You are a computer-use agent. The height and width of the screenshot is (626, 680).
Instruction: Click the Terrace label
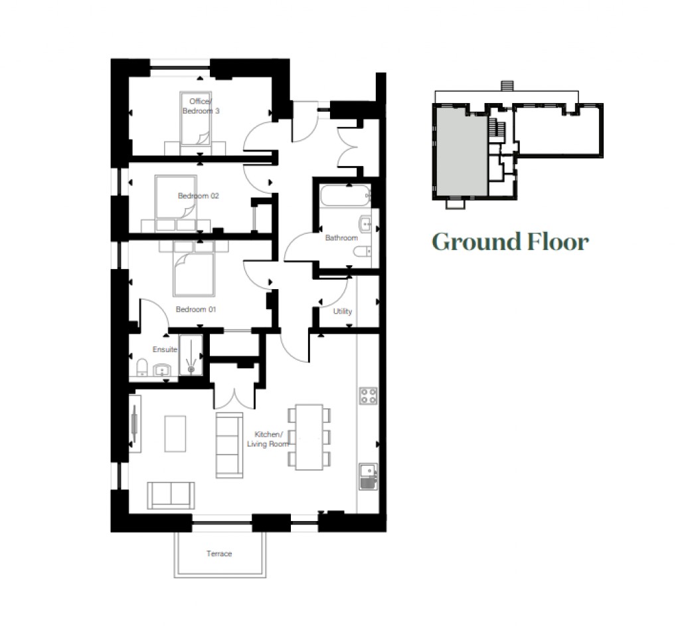pos(218,554)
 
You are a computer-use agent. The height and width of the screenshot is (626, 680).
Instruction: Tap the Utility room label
pos(343,311)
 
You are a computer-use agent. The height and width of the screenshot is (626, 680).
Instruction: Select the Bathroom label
pos(341,238)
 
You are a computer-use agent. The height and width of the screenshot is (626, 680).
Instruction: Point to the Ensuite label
pos(165,350)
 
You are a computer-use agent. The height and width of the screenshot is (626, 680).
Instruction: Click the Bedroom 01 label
pos(196,310)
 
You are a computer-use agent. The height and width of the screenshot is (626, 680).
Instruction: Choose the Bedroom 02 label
pos(198,196)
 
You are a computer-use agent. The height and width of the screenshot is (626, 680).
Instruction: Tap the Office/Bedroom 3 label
pos(201,106)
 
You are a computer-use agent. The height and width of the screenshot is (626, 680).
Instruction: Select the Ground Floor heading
pos(510,241)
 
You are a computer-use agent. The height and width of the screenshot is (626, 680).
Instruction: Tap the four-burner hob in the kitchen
pos(369,396)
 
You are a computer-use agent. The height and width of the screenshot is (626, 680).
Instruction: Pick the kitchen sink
pos(368,476)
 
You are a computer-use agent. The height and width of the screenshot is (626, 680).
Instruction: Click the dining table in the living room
pos(309,435)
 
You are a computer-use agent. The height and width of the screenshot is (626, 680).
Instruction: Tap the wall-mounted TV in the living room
pos(135,423)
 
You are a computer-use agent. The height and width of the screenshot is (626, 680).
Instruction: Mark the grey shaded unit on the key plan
pos(462,152)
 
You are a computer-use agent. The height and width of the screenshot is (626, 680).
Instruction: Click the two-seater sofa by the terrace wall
pos(171,494)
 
